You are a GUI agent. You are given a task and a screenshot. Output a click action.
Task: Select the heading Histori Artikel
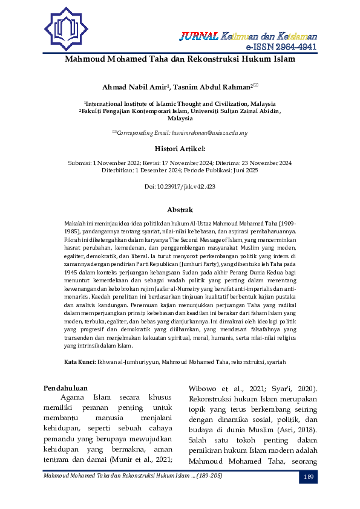tap(180, 148)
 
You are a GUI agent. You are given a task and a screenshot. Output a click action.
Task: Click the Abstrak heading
tap(180, 209)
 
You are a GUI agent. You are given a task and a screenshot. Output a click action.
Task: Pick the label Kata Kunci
tap(80, 361)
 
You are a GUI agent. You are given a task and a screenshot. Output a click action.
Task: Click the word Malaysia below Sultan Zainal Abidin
tap(180, 119)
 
